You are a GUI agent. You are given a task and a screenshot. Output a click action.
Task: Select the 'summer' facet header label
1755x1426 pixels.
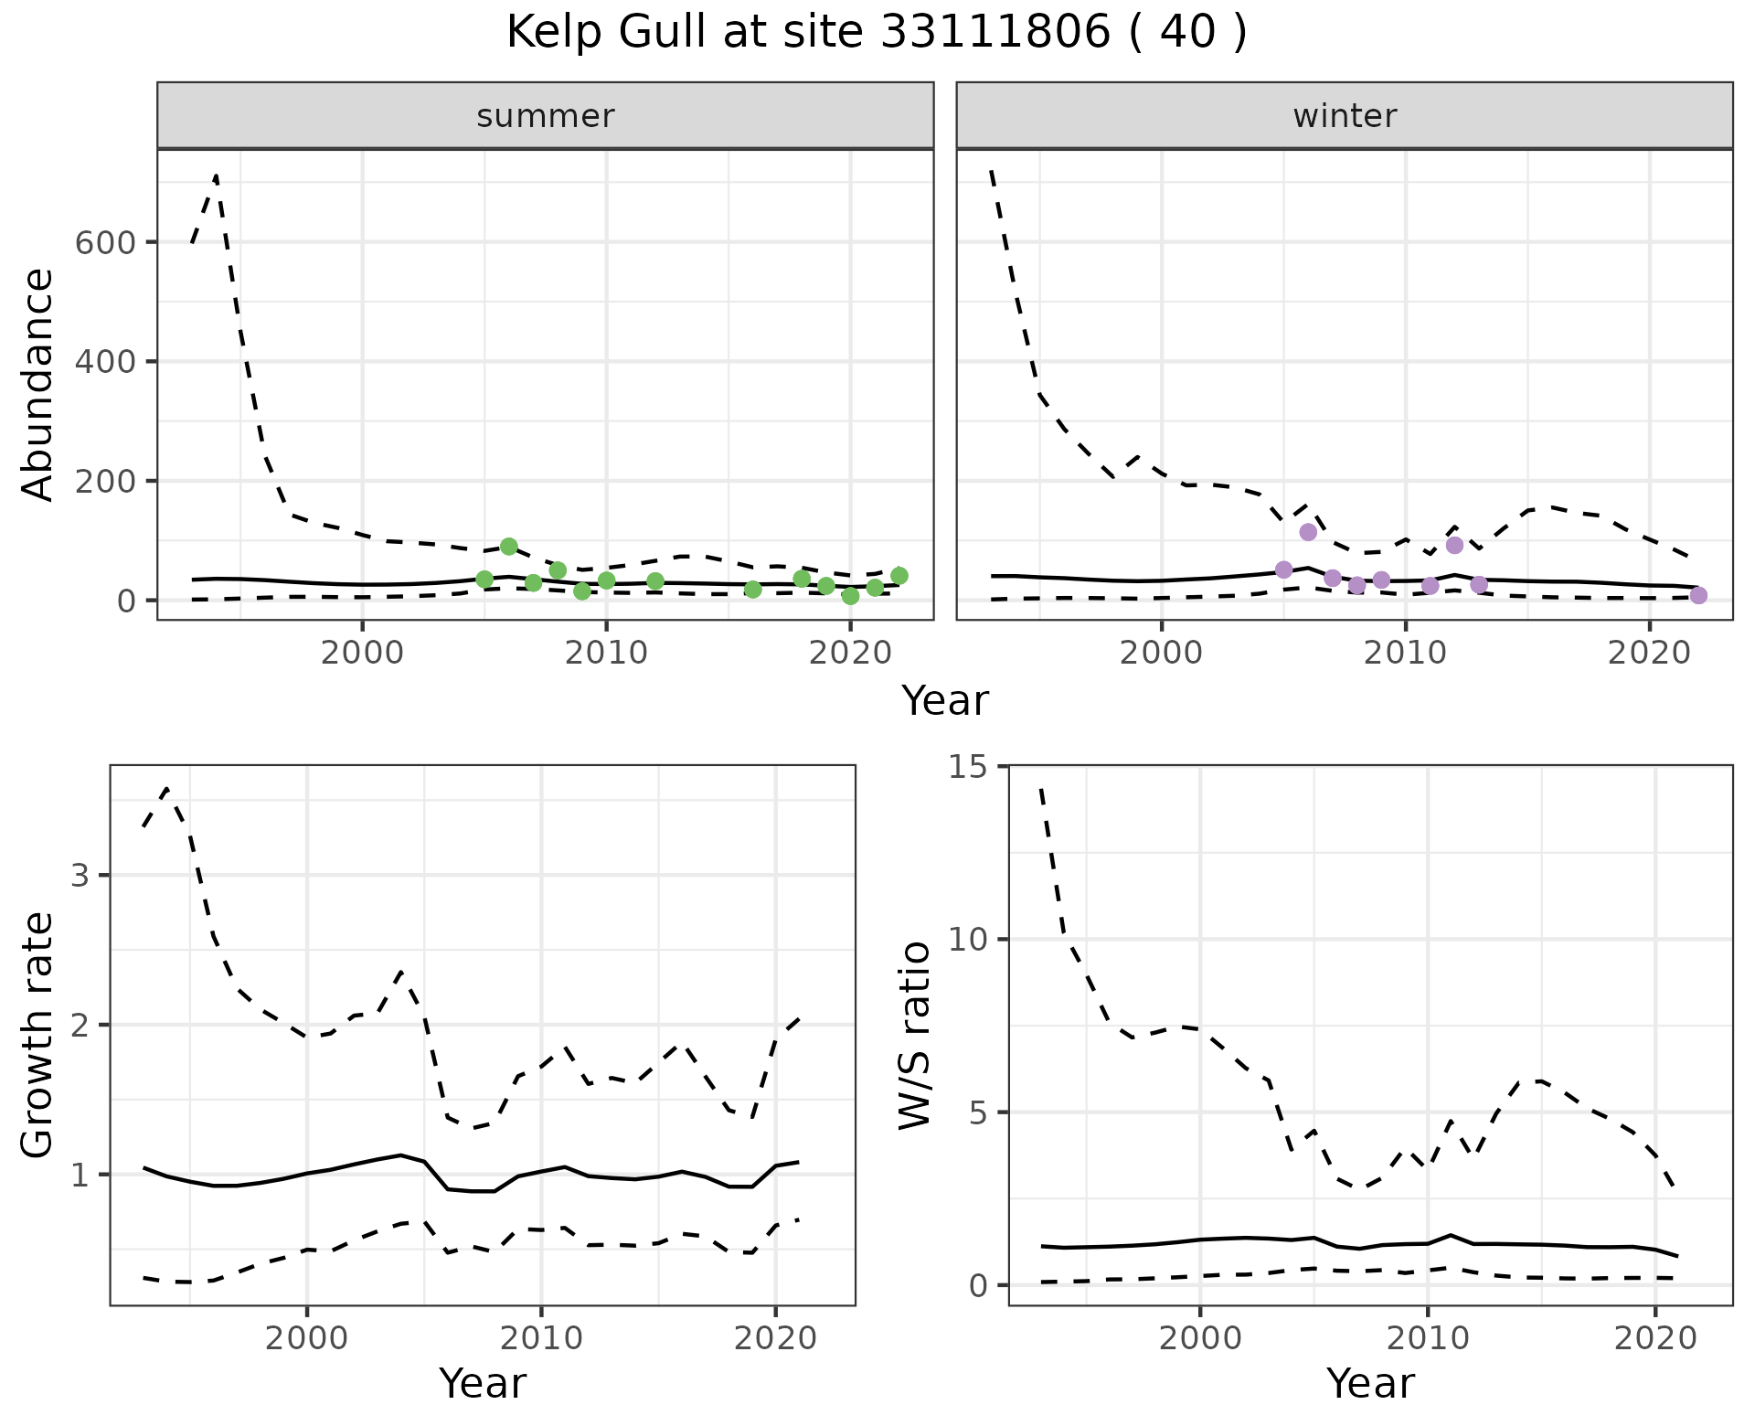point(546,116)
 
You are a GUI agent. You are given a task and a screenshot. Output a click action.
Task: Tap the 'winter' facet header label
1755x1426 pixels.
point(1345,116)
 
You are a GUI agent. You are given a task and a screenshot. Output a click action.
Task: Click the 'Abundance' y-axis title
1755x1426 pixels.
point(38,385)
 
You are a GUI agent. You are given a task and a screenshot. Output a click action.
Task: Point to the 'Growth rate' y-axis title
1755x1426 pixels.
point(38,1035)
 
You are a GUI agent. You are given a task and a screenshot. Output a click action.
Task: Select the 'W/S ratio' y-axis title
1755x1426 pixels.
point(914,1035)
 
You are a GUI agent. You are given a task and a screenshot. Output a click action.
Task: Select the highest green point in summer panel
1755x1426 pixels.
point(509,547)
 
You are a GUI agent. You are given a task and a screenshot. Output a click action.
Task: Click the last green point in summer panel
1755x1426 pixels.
point(899,575)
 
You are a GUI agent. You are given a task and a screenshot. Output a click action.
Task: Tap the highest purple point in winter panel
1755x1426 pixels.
point(1308,532)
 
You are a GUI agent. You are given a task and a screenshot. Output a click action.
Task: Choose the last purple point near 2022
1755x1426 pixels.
point(1698,595)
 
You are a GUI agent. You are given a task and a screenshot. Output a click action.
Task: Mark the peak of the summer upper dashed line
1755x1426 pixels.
point(216,176)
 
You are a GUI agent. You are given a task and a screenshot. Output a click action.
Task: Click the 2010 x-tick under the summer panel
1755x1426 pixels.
point(606,654)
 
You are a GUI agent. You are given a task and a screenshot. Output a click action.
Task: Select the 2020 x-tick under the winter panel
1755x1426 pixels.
point(1650,654)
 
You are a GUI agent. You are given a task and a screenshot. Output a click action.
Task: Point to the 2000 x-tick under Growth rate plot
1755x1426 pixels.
point(307,1339)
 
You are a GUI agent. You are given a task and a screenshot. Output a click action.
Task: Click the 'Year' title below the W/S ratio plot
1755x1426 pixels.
point(1370,1384)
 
